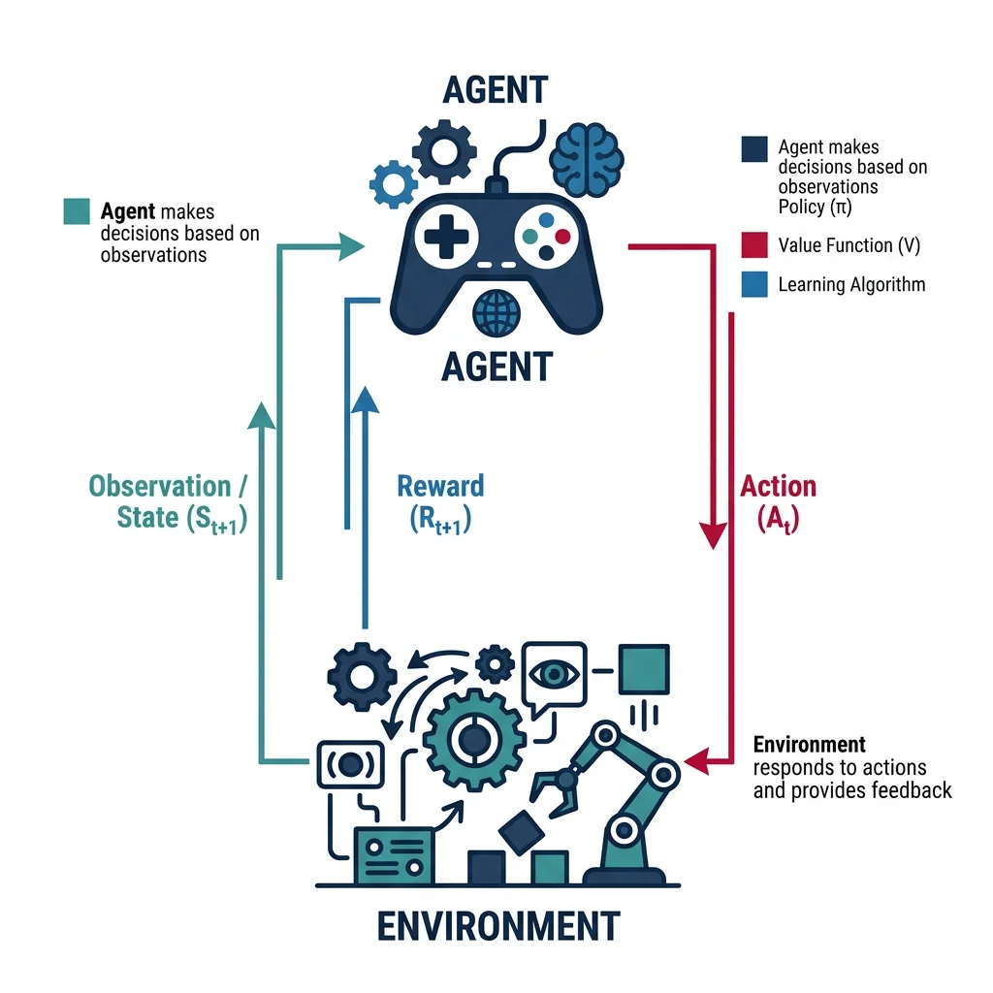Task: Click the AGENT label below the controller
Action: (x=496, y=367)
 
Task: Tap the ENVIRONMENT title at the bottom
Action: (x=496, y=925)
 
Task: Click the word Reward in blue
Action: (x=440, y=487)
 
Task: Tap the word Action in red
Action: (x=778, y=487)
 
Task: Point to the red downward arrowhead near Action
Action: (x=716, y=532)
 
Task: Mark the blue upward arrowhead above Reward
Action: (x=365, y=400)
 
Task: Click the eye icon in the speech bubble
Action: (x=553, y=670)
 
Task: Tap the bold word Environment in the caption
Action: (x=809, y=745)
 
